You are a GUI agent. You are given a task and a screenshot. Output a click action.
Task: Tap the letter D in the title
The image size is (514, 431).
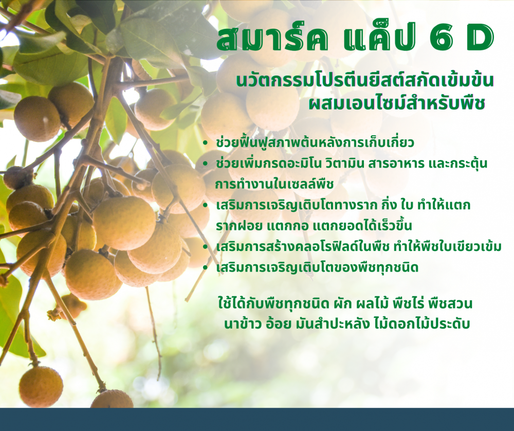pyautogui.click(x=480, y=39)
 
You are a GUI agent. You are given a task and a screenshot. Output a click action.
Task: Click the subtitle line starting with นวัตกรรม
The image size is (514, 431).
pyautogui.click(x=365, y=80)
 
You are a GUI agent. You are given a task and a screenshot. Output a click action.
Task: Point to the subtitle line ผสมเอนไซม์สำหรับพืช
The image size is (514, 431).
pyautogui.click(x=397, y=103)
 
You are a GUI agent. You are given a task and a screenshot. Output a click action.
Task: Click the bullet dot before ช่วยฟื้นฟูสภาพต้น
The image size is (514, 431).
pyautogui.click(x=205, y=143)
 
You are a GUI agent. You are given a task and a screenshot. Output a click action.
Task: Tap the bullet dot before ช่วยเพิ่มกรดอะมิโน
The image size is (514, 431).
pyautogui.click(x=205, y=164)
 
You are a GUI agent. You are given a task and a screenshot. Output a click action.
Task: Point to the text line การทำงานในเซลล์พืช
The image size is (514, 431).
pyautogui.click(x=274, y=184)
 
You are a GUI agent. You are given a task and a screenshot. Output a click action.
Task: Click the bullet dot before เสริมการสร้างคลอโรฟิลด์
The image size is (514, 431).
pyautogui.click(x=205, y=247)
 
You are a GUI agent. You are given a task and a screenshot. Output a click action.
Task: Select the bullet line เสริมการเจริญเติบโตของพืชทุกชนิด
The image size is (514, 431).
pyautogui.click(x=317, y=267)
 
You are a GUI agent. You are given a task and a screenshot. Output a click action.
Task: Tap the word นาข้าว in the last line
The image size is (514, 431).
pyautogui.click(x=243, y=324)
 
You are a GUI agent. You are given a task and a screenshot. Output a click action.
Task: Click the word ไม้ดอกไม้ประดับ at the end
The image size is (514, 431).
pyautogui.click(x=422, y=324)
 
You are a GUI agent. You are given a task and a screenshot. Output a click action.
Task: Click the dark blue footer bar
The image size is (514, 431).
pyautogui.click(x=257, y=420)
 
